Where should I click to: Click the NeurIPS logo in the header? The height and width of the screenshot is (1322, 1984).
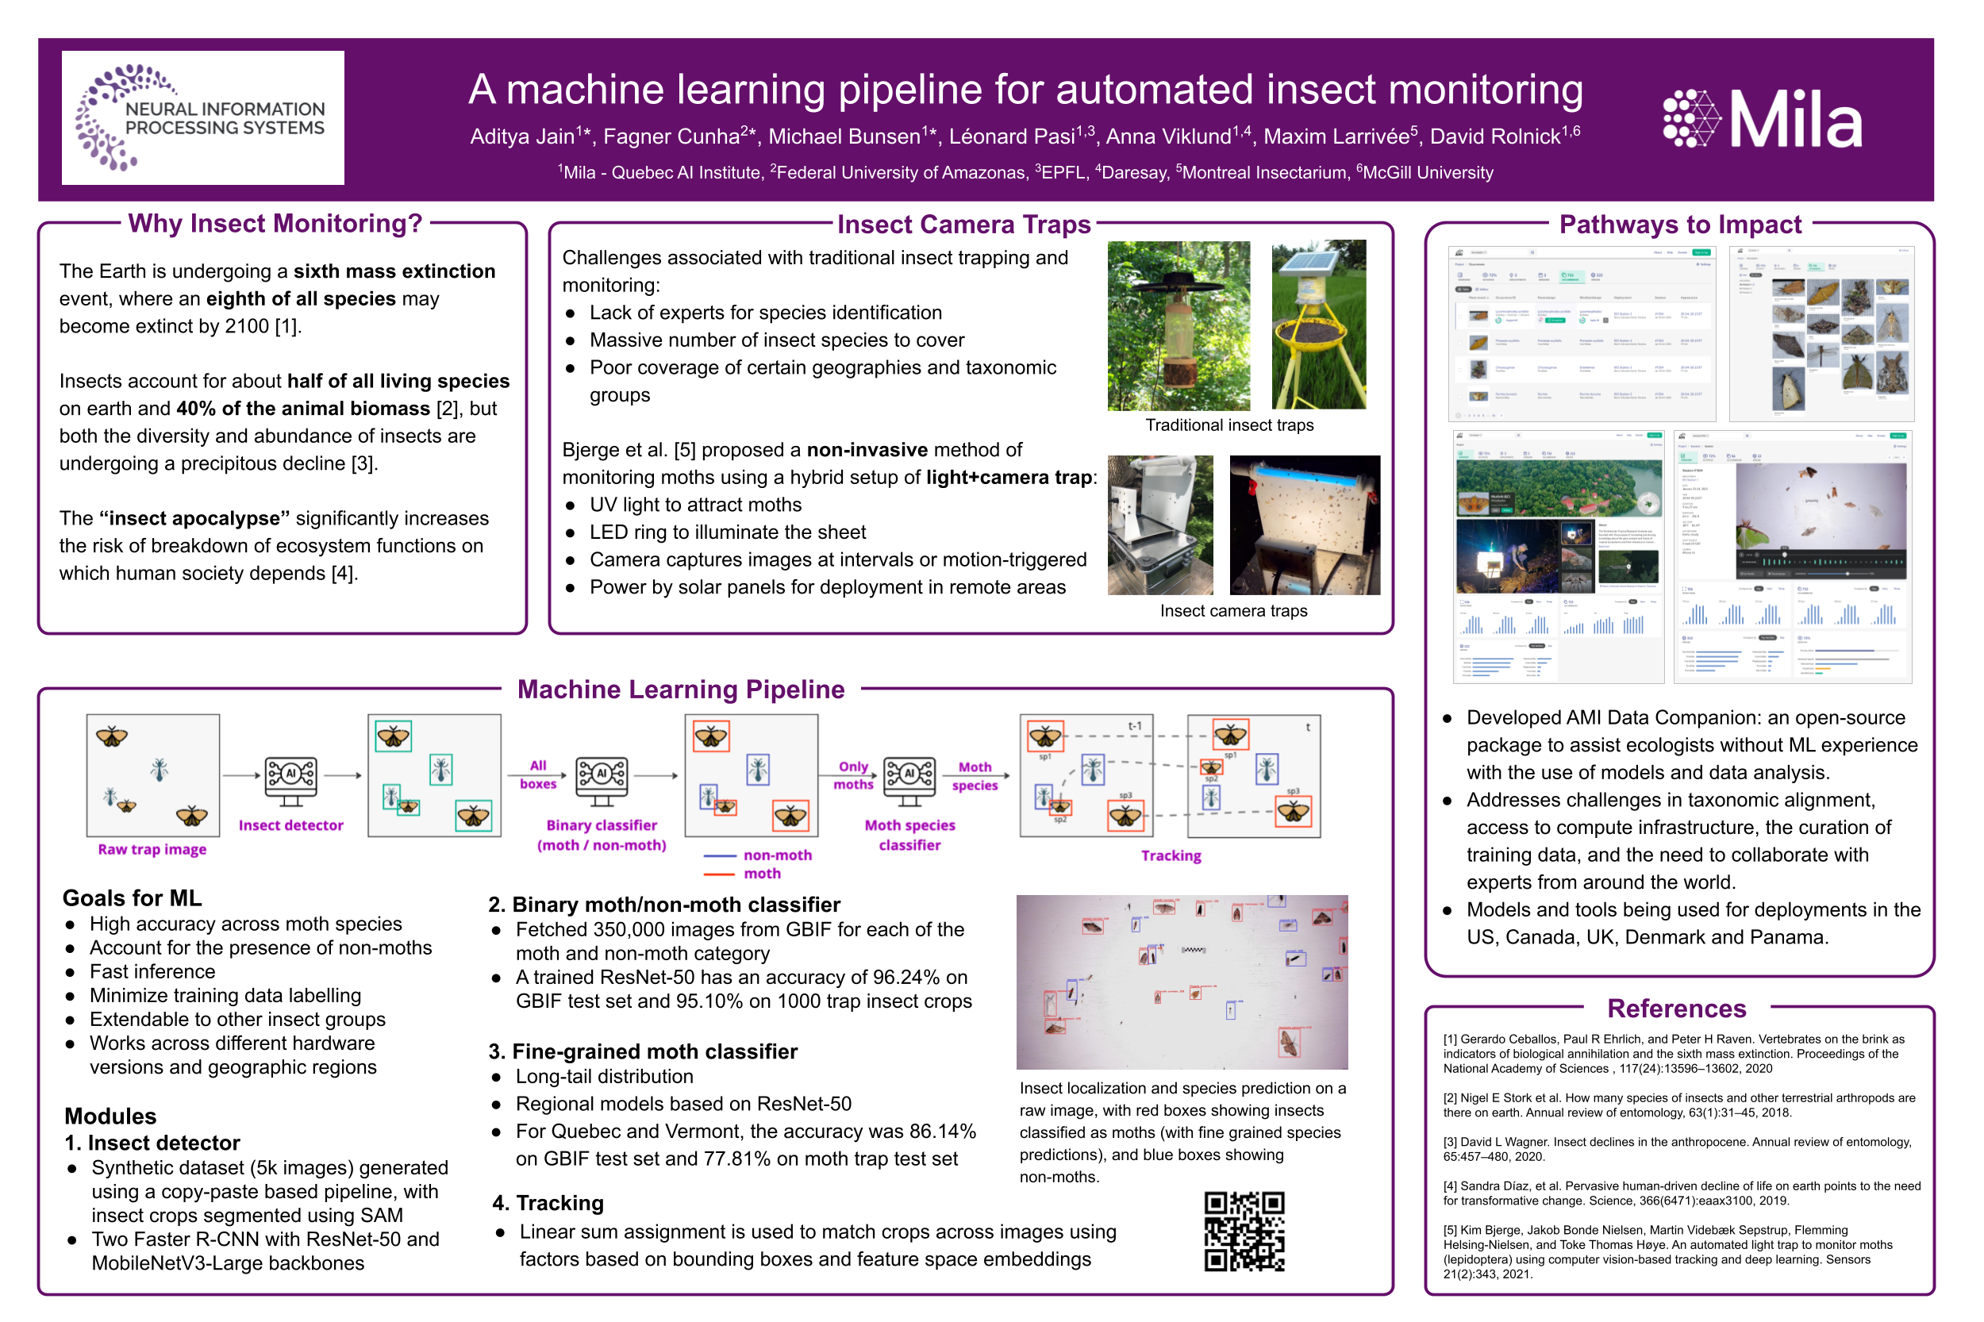pos(202,117)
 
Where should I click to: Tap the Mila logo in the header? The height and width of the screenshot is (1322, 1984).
pos(1762,119)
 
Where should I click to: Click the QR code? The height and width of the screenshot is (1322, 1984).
pos(1244,1230)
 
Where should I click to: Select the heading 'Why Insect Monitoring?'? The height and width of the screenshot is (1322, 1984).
pos(275,224)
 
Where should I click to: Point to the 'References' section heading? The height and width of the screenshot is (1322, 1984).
pos(1676,1009)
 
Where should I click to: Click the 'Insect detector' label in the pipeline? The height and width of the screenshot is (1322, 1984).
pos(291,825)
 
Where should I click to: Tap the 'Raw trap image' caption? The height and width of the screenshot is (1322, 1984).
pos(152,849)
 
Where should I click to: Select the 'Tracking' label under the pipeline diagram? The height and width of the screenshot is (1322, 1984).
pos(1171,855)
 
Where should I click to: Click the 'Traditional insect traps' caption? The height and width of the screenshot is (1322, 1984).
pos(1228,425)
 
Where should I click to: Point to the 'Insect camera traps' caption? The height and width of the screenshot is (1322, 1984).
pos(1232,610)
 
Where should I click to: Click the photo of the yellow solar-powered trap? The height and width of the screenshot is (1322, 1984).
pos(1318,325)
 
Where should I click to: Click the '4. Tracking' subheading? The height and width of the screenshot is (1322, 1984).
pos(548,1202)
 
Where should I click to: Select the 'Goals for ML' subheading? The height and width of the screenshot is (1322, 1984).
pos(133,898)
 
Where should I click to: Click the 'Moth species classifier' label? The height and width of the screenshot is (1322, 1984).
pos(909,835)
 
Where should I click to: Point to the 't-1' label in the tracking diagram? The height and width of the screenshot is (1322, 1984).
pos(1134,726)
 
